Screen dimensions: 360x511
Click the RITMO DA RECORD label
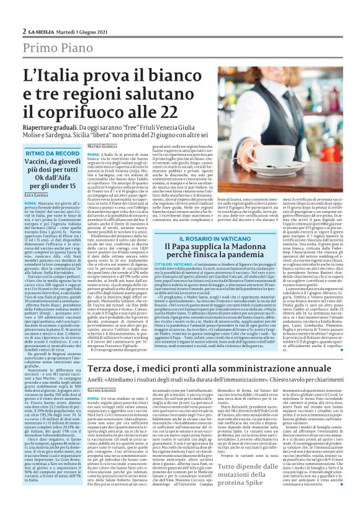click(x=52, y=153)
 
